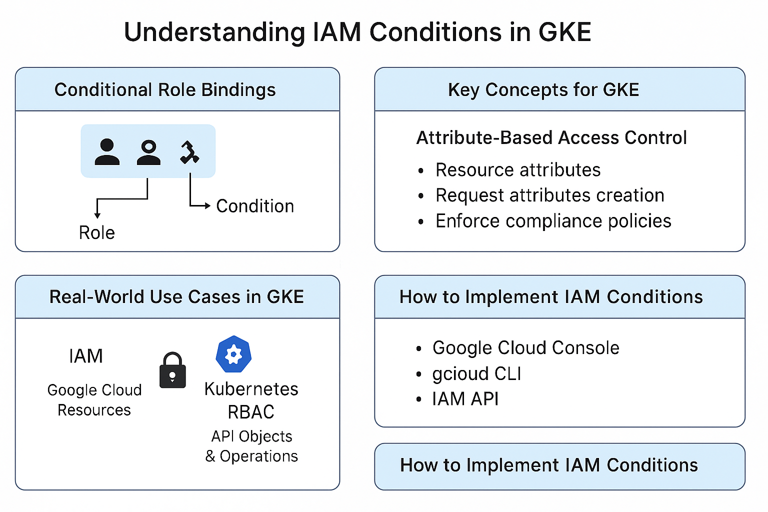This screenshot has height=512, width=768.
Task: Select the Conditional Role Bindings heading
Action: coord(165,90)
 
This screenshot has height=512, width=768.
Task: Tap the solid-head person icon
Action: coord(107,152)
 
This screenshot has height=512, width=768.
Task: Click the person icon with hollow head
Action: coord(148,152)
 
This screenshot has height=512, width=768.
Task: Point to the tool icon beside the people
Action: coord(189,152)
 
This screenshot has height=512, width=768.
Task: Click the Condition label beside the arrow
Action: coord(255,206)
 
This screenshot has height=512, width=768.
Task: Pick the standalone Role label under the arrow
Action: coord(97,232)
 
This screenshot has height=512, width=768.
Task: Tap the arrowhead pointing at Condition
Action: coord(207,205)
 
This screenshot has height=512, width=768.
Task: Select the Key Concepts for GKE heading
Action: coord(543,90)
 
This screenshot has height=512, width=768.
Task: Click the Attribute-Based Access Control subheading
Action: coord(551,137)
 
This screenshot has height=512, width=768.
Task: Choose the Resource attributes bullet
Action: coord(518,170)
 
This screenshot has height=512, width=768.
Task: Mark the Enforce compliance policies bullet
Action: coord(553,221)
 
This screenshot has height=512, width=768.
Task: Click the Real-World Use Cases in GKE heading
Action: coord(176,297)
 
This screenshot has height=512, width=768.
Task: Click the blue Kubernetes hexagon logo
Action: coord(233,354)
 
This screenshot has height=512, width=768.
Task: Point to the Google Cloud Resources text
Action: coord(94,400)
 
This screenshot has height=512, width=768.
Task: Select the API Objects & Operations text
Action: coord(251,446)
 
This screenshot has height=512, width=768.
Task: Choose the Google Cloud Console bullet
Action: coord(525,348)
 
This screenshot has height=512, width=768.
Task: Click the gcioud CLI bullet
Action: coord(476,374)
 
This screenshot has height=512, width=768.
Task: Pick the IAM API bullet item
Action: coord(465,399)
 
